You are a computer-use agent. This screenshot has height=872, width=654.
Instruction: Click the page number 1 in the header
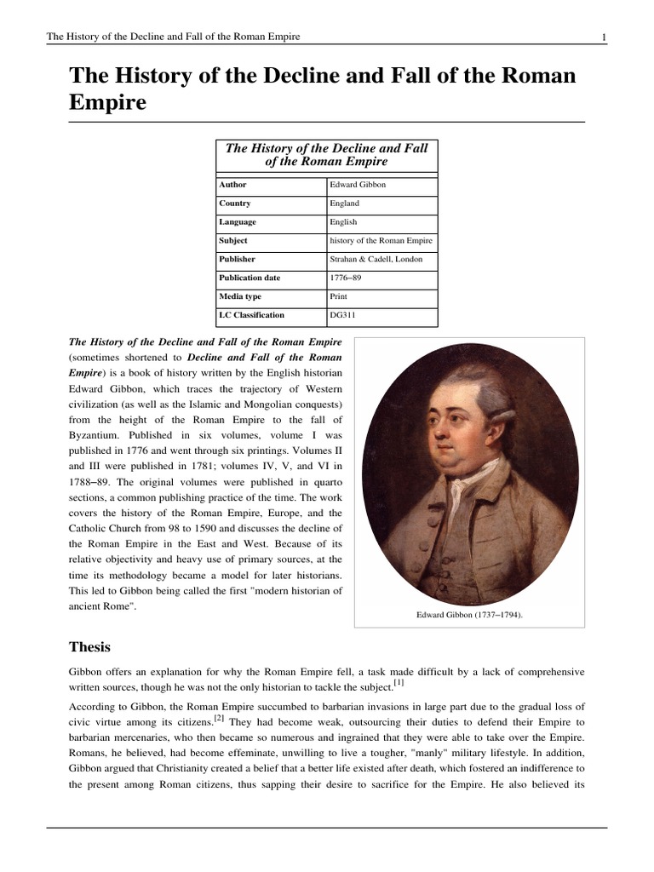(x=603, y=37)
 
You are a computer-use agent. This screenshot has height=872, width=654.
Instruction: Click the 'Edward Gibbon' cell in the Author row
(x=358, y=185)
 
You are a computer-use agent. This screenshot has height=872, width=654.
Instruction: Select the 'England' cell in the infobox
(x=345, y=204)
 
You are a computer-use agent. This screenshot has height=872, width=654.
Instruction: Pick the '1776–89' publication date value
(x=347, y=278)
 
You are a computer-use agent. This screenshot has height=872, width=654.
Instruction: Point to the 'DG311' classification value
(x=343, y=316)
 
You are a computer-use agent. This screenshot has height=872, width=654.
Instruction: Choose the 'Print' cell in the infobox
(x=339, y=297)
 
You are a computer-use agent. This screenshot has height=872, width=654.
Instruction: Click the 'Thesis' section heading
(x=90, y=647)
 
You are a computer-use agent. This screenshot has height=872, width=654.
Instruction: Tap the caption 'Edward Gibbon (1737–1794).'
(x=469, y=613)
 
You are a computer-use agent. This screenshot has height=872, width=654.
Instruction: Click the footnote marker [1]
(x=399, y=681)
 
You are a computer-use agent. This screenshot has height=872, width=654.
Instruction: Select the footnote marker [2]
(x=219, y=719)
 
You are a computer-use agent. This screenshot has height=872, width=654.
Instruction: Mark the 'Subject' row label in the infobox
(x=233, y=241)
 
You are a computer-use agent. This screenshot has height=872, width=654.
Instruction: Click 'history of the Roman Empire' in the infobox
(x=381, y=241)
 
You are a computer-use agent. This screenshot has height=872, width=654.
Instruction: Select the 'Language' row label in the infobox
(x=238, y=222)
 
